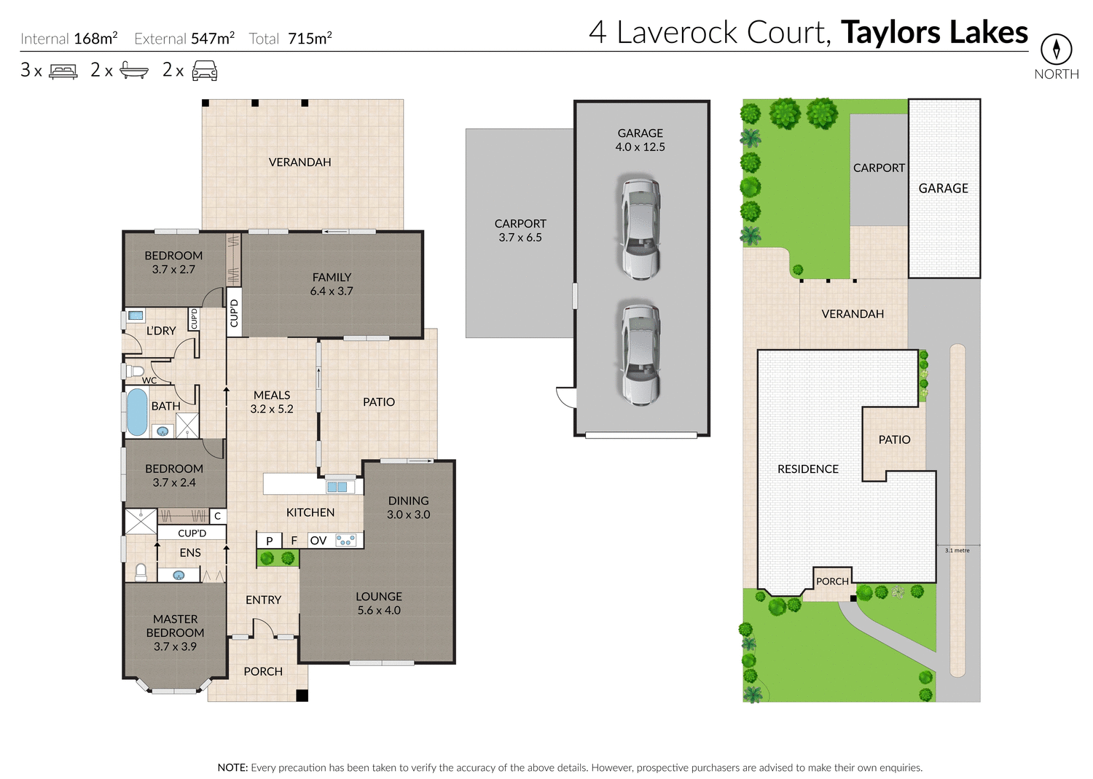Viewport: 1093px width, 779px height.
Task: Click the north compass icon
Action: coord(1056,50)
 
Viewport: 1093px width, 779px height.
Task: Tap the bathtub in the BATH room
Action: coord(137,412)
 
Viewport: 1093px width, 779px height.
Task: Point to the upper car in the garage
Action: coord(640,227)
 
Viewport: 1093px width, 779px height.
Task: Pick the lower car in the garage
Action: coord(640,354)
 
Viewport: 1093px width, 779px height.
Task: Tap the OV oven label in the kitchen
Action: coord(318,541)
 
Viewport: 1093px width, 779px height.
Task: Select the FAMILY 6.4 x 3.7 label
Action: coord(332,284)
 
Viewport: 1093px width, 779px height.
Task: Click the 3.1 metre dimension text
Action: coord(957,550)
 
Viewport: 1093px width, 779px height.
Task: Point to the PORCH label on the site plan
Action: coord(832,582)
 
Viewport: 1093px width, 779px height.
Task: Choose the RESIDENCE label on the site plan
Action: coord(808,469)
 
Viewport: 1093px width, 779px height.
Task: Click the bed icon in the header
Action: coord(63,71)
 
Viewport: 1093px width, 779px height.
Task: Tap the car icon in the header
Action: coord(205,71)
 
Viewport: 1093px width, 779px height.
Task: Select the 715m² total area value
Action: coord(310,39)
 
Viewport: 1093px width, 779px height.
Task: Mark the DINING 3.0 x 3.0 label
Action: coord(408,507)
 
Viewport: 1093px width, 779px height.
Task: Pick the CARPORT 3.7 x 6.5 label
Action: coord(520,230)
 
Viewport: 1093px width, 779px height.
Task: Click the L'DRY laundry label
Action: coord(161,331)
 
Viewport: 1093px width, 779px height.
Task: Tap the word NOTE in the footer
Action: coord(232,767)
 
